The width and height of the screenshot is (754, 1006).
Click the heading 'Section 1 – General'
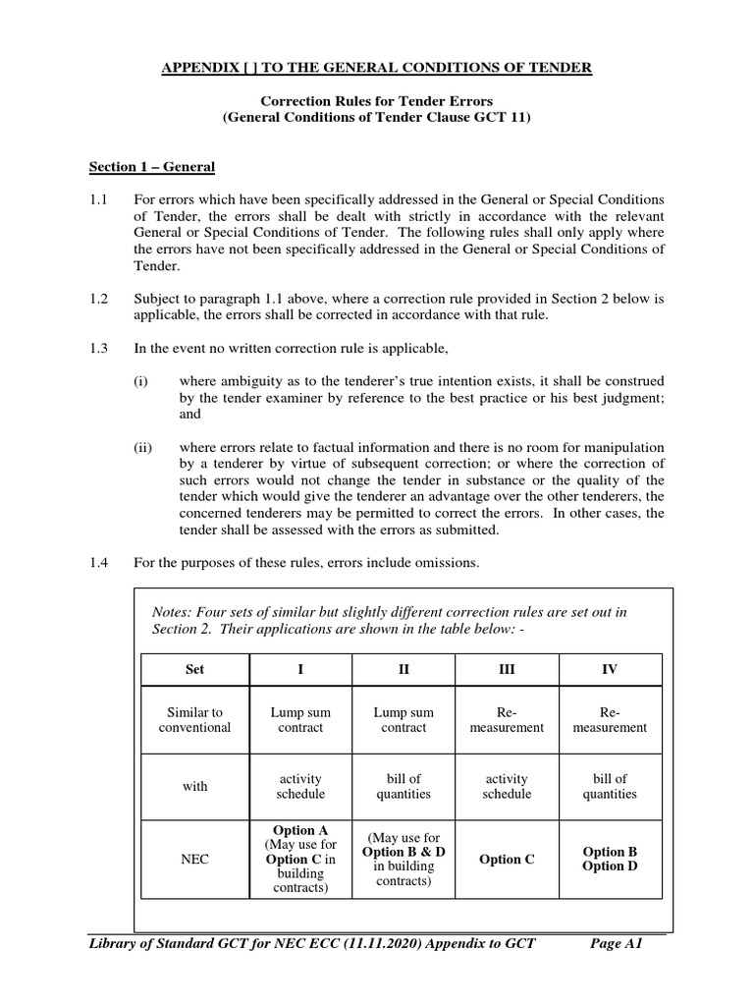point(151,167)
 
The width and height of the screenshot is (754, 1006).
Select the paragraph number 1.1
point(98,199)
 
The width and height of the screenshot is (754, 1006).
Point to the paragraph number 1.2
point(98,300)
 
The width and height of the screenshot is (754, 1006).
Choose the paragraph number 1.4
point(98,562)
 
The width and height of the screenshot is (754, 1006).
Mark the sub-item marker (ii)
point(143,446)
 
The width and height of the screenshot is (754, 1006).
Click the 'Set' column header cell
point(194,669)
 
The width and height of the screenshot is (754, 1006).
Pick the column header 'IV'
point(610,669)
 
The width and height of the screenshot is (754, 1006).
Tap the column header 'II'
point(404,669)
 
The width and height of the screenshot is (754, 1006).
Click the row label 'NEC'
point(194,860)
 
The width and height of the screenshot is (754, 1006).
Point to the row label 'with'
point(194,787)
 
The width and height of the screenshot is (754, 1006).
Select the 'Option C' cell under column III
point(507,860)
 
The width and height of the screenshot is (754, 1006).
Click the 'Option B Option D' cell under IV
point(610,859)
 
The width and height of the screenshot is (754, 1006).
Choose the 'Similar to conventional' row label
point(194,720)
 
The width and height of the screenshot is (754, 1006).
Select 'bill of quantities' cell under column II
point(404,787)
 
